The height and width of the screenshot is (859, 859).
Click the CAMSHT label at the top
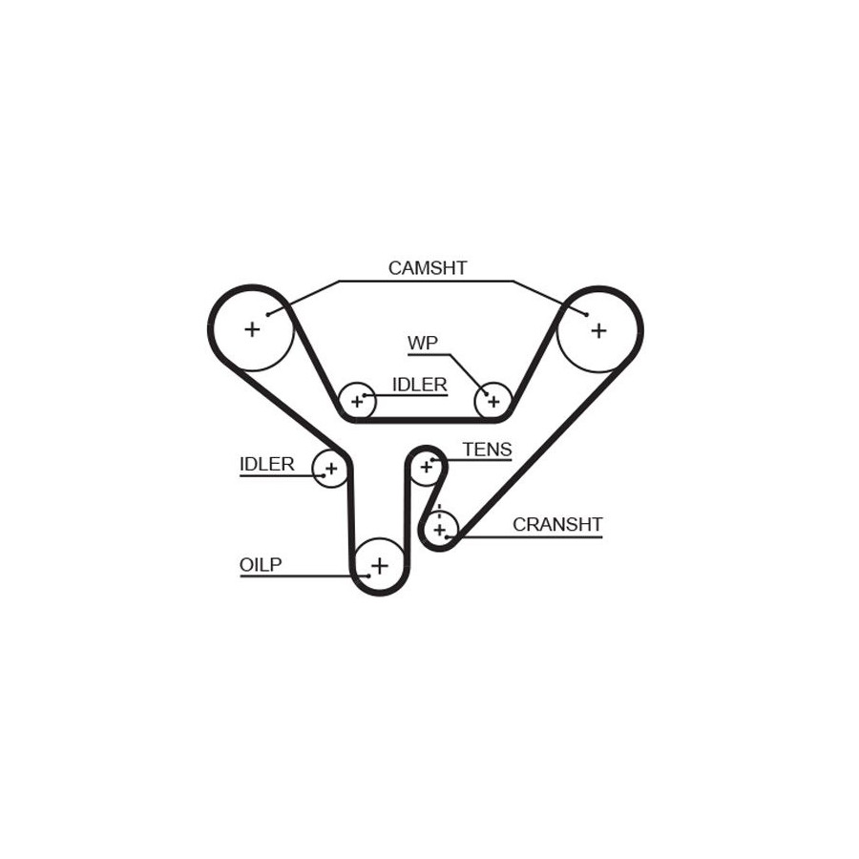[x=427, y=268]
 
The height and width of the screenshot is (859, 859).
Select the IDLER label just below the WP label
[x=419, y=385]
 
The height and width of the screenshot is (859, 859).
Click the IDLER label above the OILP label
[x=266, y=465]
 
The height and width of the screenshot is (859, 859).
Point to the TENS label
[x=487, y=450]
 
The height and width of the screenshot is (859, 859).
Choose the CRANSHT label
[x=557, y=524]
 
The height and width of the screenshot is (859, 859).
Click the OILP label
[x=261, y=565]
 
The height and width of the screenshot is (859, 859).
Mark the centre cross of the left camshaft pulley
[x=252, y=329]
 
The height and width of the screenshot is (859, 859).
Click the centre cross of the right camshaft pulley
[x=598, y=330]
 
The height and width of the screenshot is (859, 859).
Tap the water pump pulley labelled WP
[x=493, y=401]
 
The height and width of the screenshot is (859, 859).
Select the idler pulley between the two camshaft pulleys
[x=358, y=402]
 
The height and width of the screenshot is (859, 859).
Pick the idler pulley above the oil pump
[x=331, y=469]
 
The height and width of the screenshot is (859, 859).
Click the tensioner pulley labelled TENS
[x=427, y=467]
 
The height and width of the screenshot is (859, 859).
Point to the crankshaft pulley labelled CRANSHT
[x=440, y=528]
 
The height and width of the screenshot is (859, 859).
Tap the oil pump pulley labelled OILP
[x=380, y=566]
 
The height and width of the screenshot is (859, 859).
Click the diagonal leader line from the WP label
[x=468, y=373]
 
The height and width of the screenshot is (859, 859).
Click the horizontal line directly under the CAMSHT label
[x=427, y=281]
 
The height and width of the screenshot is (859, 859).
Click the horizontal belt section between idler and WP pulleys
[x=426, y=417]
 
